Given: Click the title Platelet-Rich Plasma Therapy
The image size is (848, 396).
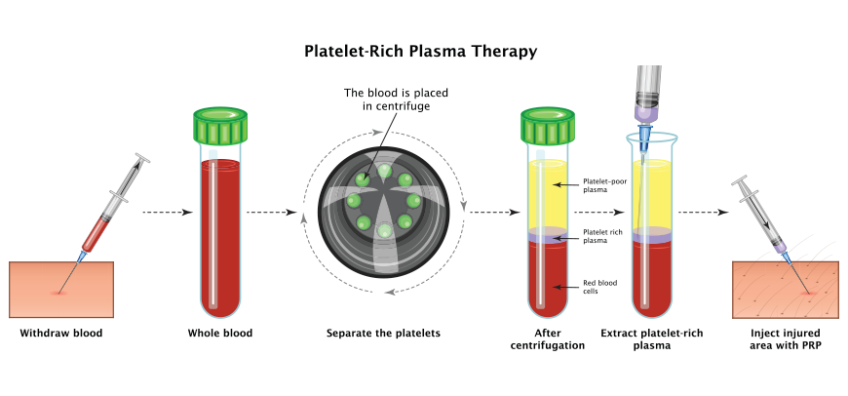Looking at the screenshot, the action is [420, 51].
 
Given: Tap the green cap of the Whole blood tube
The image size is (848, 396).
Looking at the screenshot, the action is [220, 126].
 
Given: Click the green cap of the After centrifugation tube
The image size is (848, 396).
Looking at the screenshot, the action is [548, 126].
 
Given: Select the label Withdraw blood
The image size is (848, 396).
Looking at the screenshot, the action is [61, 334].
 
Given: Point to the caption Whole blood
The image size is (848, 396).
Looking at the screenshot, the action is [220, 334].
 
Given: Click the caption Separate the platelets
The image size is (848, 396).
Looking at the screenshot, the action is [383, 334].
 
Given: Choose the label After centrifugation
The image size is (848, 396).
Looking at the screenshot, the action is [548, 339].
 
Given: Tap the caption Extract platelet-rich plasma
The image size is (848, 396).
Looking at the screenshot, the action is [652, 339].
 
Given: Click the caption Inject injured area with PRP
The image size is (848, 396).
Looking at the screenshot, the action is [786, 339].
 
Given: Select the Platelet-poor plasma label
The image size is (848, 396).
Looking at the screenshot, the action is [604, 185].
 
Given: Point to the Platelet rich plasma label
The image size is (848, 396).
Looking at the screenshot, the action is [602, 236].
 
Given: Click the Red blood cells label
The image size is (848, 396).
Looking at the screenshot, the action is [599, 287].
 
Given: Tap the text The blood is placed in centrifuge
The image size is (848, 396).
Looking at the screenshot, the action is [397, 99].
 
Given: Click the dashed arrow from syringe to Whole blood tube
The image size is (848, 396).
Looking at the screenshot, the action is [168, 213].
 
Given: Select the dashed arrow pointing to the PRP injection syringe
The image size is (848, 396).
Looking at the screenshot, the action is [704, 213].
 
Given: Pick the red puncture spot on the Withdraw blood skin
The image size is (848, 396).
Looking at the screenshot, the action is [58, 293].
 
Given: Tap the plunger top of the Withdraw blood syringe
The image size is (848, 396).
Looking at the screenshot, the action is [142, 157].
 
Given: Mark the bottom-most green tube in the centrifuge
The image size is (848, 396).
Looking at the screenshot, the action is [384, 230].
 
